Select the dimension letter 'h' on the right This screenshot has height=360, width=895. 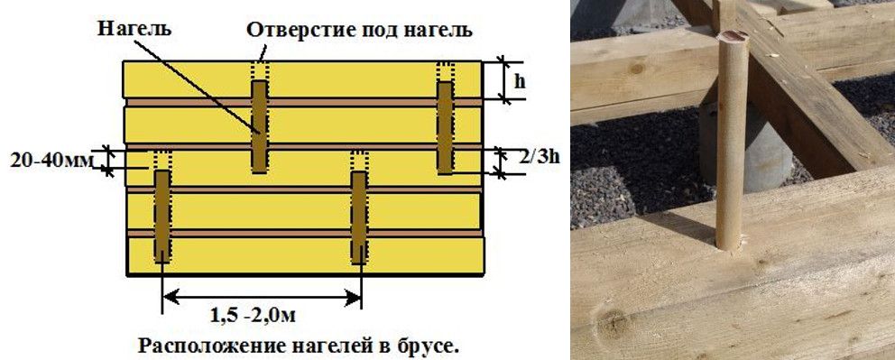(x=521, y=80)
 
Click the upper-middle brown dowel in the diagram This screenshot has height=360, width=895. (x=260, y=126)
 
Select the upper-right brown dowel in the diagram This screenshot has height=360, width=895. (x=445, y=126)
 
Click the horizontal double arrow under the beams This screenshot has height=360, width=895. (x=261, y=294)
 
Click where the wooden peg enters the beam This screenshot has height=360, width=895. (x=732, y=242)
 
